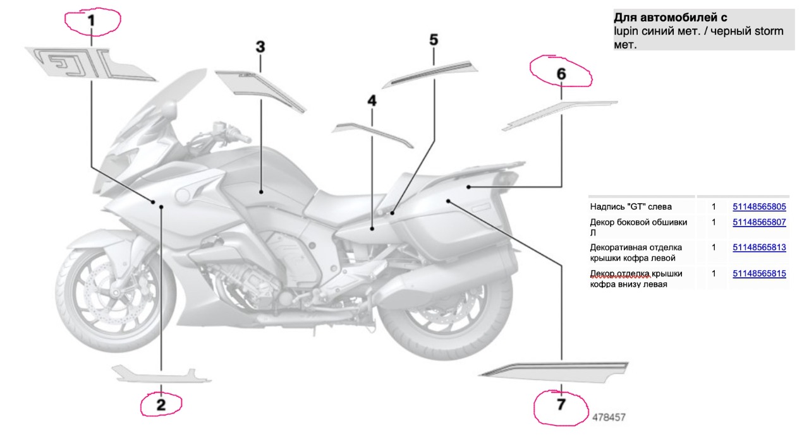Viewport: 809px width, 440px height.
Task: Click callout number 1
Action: [91, 21]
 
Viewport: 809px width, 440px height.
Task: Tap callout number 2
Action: [161, 405]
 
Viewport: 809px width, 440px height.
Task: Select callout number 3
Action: [260, 47]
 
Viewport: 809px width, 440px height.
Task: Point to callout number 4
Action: [372, 101]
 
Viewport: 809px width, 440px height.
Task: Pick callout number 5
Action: [434, 40]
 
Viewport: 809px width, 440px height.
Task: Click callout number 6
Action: [561, 74]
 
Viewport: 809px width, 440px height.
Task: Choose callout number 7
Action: [561, 405]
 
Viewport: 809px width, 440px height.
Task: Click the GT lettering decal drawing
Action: [88, 62]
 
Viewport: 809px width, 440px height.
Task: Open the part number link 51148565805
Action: [759, 206]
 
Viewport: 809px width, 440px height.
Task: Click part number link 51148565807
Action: [759, 222]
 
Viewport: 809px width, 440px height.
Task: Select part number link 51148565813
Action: [759, 247]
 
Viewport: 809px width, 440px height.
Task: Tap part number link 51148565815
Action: [759, 273]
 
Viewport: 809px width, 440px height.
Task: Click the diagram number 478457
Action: [609, 417]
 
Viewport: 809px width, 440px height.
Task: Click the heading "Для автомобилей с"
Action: [670, 18]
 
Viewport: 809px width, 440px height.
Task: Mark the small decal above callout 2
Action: [161, 374]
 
